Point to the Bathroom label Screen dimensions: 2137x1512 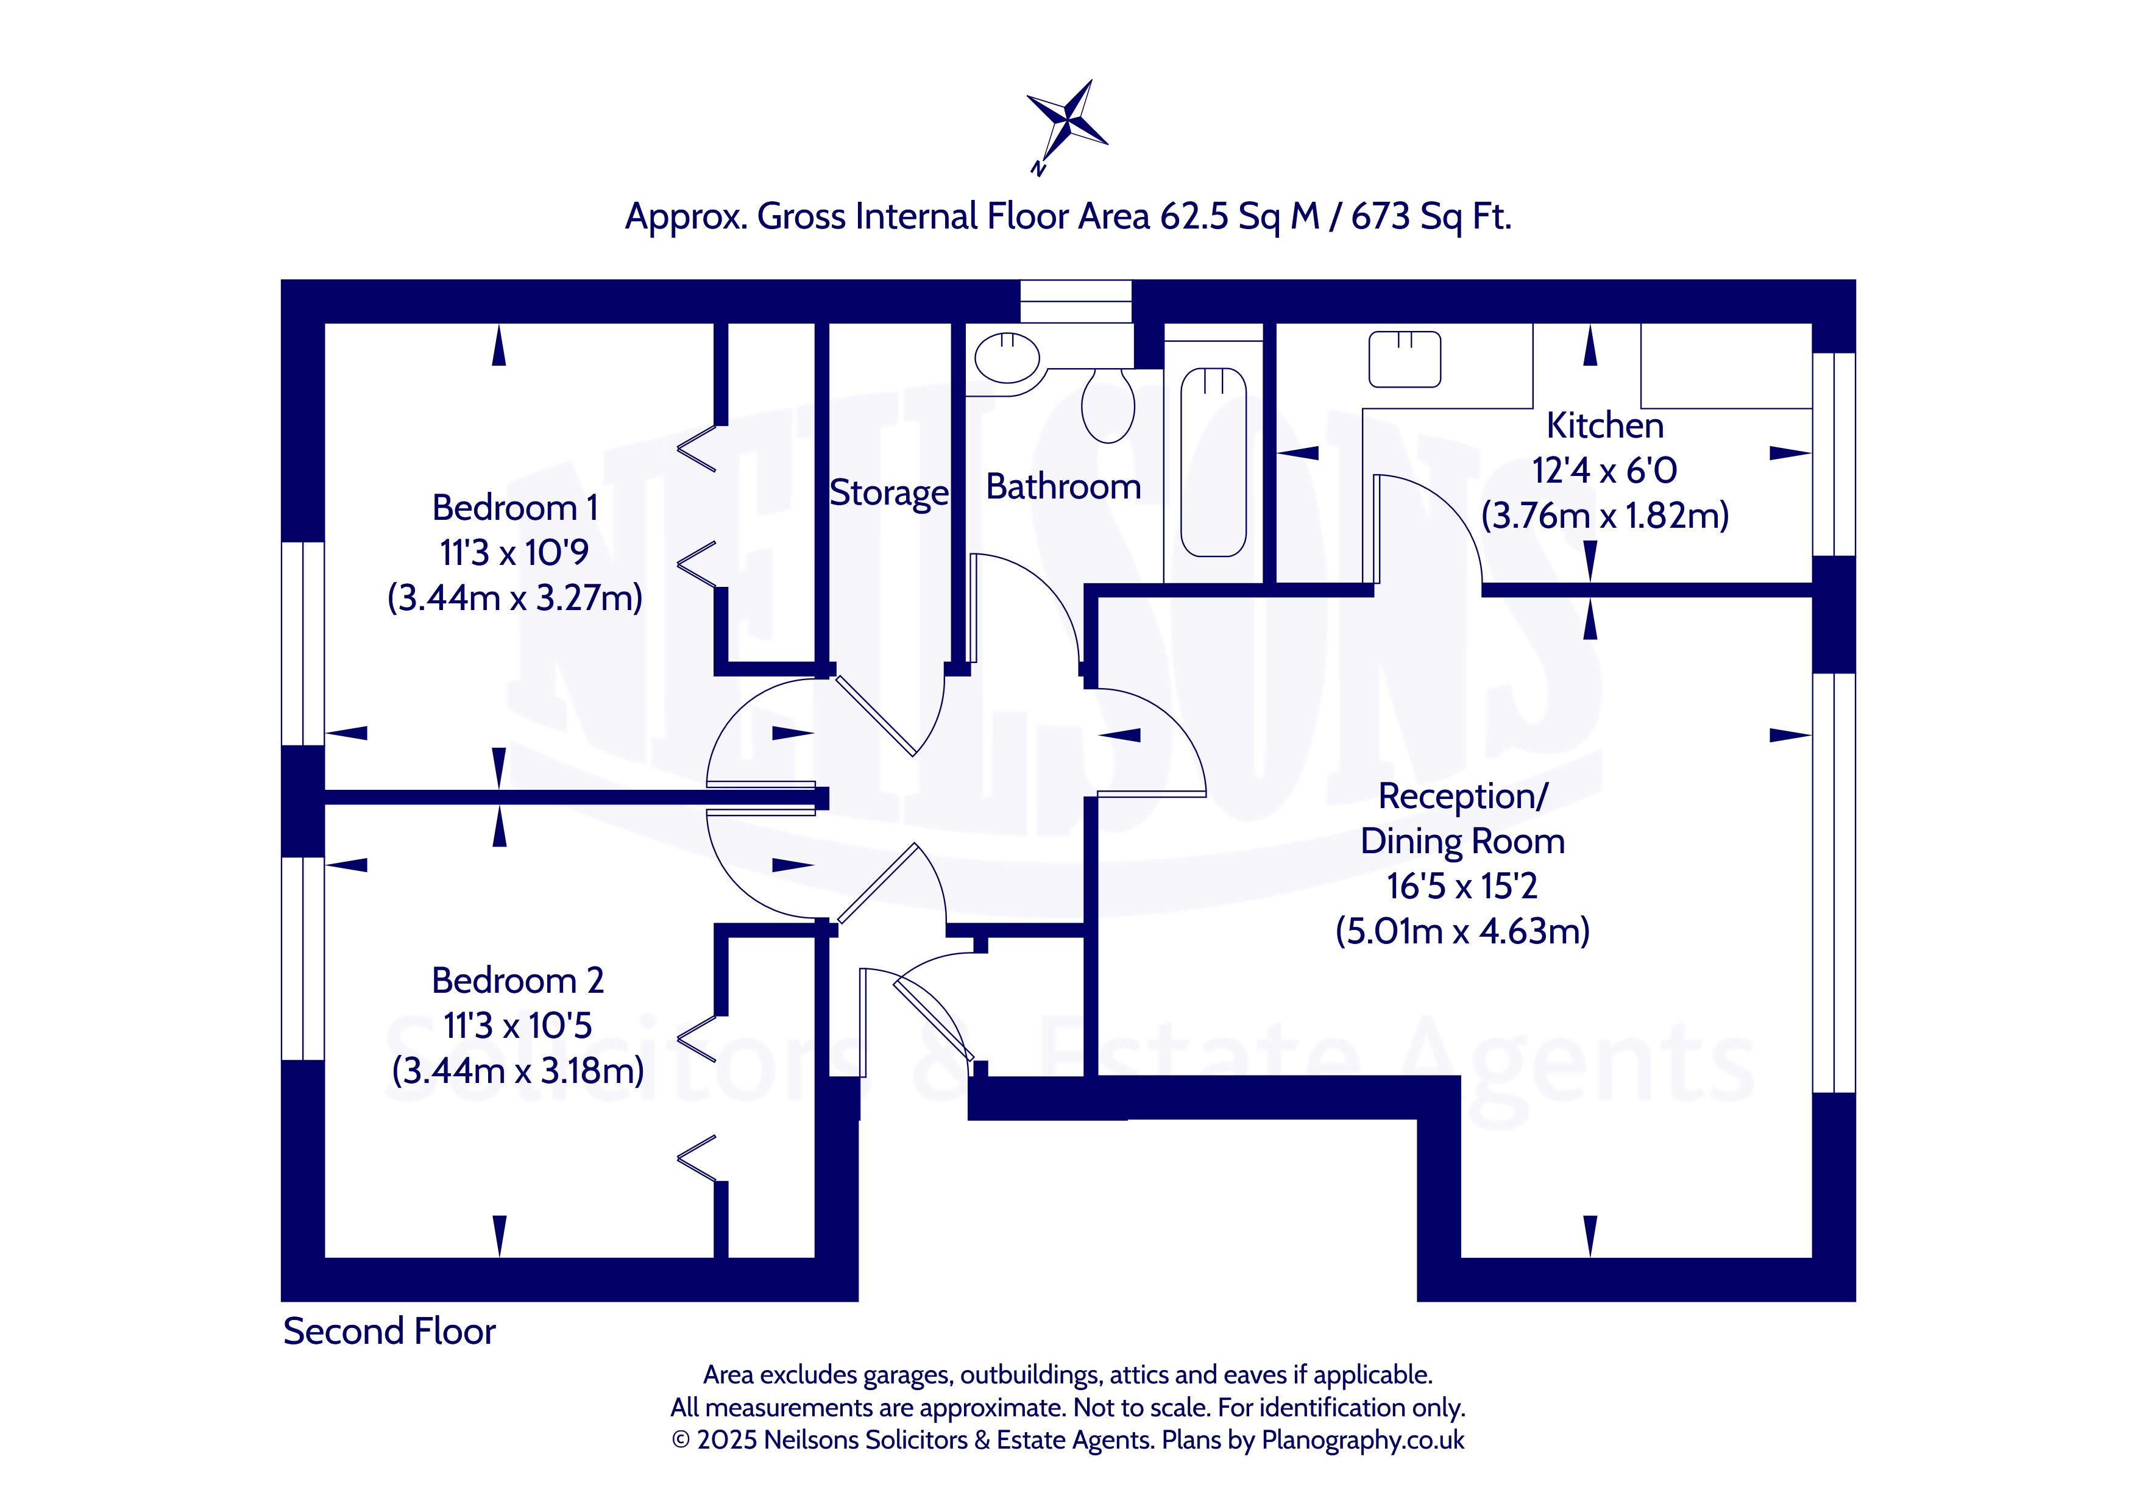(x=1063, y=487)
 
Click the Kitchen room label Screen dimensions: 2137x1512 (x=1604, y=425)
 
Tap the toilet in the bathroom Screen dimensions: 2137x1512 (x=1108, y=405)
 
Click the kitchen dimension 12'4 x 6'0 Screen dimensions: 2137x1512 (x=1604, y=470)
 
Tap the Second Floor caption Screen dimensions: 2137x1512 (x=389, y=1332)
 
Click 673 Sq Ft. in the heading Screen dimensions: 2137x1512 (x=1431, y=216)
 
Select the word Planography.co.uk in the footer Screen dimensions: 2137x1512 (x=1363, y=1440)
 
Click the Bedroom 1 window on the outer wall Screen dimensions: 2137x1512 (x=302, y=644)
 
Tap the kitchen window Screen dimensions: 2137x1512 (x=1834, y=455)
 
